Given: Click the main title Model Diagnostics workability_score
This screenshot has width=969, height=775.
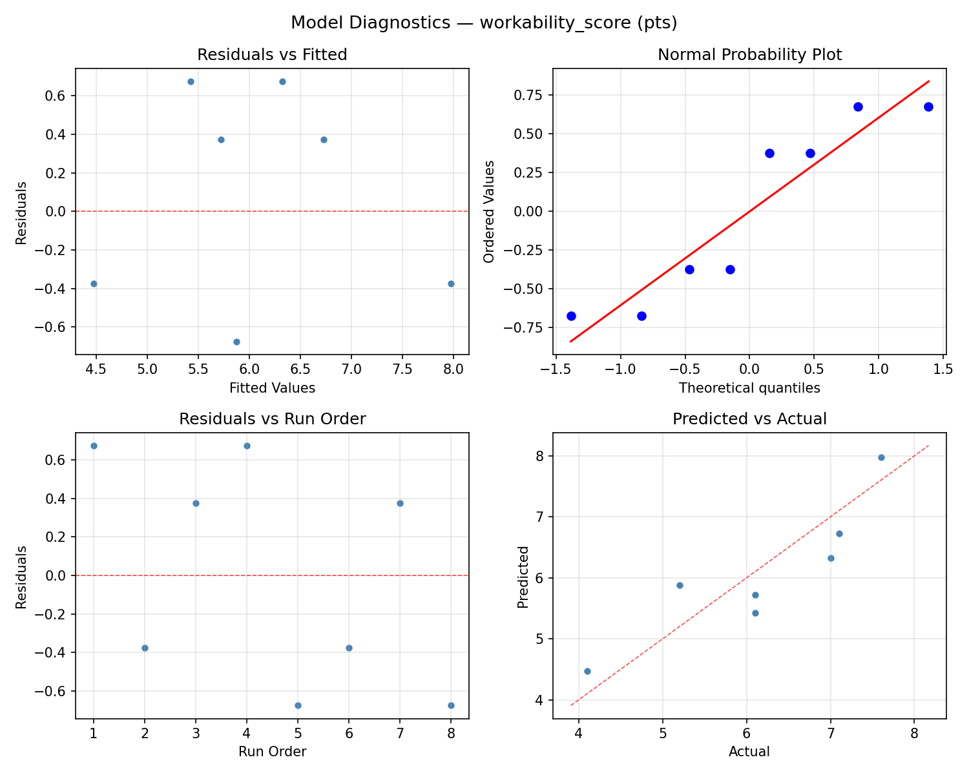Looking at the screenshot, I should point(484,23).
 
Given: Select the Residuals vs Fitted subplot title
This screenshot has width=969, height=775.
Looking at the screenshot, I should point(272,55).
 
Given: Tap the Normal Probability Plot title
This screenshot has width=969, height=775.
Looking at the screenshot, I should point(749,55).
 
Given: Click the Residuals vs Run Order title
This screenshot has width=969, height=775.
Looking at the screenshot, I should point(272,419).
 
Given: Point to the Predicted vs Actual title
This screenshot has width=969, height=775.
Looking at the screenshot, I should point(749,419).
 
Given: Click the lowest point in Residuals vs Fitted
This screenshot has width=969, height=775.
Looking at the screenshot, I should point(236,342).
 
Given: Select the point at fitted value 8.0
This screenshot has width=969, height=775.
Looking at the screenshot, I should point(451,284).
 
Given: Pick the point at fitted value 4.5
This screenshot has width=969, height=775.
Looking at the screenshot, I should point(94,284).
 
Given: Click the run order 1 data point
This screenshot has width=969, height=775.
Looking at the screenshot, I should point(94,446).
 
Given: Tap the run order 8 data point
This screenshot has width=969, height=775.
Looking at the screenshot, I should point(451,705).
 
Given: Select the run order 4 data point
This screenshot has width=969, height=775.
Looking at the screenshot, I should point(247,446).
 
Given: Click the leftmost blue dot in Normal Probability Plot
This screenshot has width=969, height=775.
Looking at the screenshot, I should point(571,316).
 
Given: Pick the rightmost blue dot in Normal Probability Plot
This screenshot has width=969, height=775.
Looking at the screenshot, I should point(928,107).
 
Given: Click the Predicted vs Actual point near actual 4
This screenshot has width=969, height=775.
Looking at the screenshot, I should point(587,671).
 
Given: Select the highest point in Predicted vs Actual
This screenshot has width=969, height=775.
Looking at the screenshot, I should point(881,457).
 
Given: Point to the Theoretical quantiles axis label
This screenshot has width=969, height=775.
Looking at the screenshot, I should point(749,388).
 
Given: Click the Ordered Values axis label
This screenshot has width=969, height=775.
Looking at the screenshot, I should point(489,211).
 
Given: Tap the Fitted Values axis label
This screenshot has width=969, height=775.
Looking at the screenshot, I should point(272,388).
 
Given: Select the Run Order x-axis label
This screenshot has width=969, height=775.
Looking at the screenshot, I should point(272,752).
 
